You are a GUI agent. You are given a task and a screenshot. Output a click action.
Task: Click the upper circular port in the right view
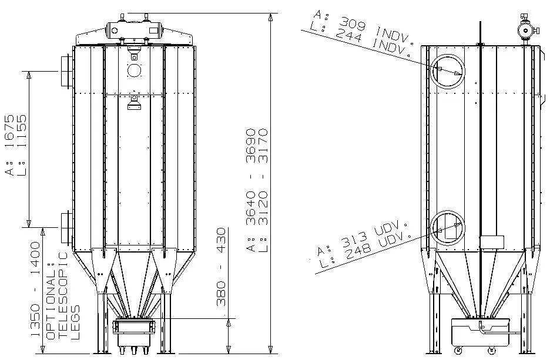447,71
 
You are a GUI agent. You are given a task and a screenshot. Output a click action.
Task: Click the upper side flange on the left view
65,70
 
